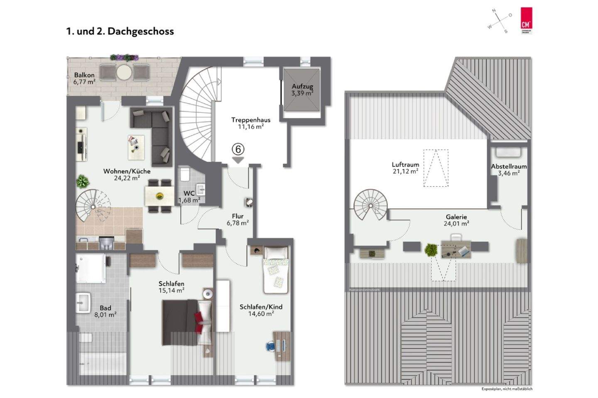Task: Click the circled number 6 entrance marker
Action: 238,149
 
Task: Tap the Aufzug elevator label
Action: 302,90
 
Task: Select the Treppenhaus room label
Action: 251,123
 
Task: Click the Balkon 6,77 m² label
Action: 84,78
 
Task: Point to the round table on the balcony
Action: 124,72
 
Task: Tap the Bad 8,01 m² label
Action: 105,311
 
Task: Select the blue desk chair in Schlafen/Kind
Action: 270,345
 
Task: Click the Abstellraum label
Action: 509,169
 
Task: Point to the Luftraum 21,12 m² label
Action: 405,168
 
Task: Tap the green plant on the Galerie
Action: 431,250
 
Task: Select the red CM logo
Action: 527,20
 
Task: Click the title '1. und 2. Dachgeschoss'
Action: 120,32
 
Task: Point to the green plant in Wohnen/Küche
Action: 83,181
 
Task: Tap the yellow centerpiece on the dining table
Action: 159,196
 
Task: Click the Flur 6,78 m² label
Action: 238,220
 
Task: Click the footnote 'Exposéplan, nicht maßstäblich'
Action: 507,389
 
